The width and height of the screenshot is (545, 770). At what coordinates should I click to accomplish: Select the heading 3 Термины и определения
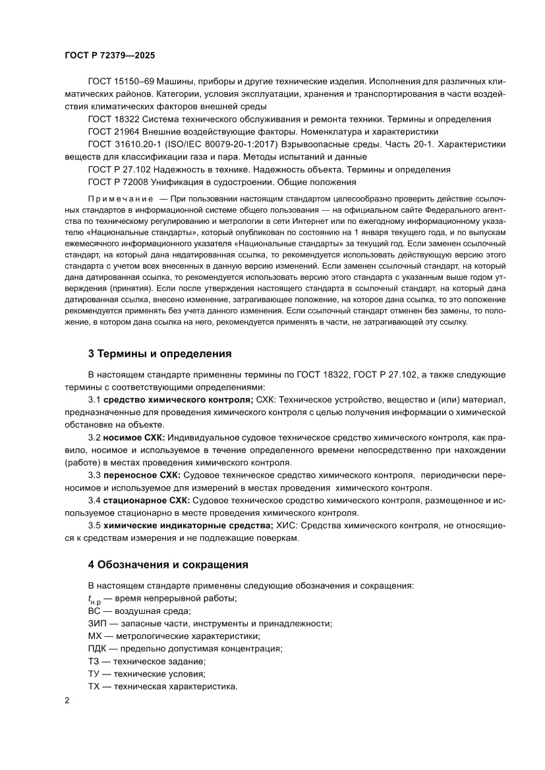159,354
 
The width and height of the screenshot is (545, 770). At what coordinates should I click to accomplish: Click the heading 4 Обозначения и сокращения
168,564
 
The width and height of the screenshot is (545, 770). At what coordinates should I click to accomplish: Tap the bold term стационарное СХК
144,500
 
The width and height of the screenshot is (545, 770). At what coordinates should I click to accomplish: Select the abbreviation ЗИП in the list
96,623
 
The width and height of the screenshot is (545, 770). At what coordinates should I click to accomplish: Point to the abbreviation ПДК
97,648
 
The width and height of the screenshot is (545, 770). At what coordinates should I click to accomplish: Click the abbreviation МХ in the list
94,636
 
